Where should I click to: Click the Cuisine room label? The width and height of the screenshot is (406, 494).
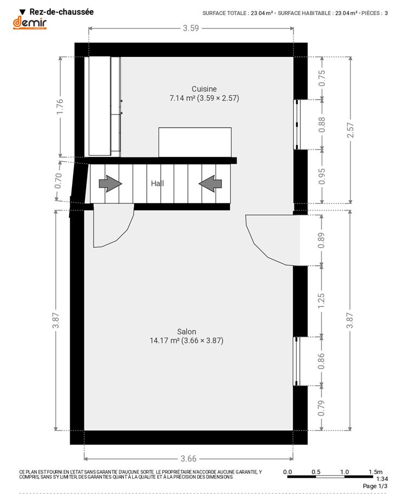click(x=204, y=89)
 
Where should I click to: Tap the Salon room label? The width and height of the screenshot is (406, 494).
click(x=187, y=332)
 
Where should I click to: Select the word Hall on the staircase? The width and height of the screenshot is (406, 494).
click(x=158, y=183)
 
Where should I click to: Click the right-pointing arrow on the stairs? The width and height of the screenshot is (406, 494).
click(x=110, y=183)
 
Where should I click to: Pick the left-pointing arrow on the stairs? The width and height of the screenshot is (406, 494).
click(x=210, y=183)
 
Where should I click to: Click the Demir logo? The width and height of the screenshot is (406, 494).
click(x=30, y=23)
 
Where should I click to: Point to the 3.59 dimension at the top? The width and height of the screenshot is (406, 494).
click(x=191, y=28)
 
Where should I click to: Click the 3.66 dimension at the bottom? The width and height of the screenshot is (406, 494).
click(x=188, y=459)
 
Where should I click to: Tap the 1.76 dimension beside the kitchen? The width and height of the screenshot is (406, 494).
click(x=60, y=107)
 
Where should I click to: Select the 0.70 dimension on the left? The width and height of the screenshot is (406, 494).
click(x=58, y=181)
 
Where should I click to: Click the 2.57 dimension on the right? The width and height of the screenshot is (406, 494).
click(x=350, y=130)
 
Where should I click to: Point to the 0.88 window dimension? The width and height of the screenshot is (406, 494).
click(x=322, y=125)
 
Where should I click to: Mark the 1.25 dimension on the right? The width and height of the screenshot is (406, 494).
click(x=321, y=301)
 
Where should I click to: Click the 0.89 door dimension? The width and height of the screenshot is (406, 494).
click(x=321, y=240)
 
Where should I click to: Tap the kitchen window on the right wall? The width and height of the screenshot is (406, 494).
click(x=297, y=124)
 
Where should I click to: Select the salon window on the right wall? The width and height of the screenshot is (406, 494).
click(x=296, y=361)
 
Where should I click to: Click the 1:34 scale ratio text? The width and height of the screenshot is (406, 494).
click(x=382, y=479)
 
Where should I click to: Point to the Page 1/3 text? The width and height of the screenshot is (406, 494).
click(x=375, y=486)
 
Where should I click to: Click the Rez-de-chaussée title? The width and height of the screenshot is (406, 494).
click(x=62, y=12)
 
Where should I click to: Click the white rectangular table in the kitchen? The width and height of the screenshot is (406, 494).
click(x=195, y=142)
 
